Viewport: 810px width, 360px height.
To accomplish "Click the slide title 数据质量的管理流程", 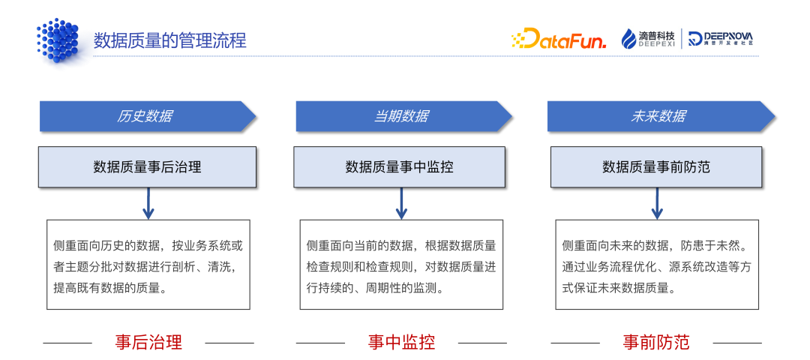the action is [169, 40].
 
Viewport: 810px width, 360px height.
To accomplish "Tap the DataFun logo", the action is [559, 39].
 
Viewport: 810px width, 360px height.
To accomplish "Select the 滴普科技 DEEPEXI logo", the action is [649, 39].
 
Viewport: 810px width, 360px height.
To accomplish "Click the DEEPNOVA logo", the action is [720, 39].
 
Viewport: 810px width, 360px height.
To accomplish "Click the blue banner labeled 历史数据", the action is [146, 116].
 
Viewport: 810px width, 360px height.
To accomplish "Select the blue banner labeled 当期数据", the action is [402, 116].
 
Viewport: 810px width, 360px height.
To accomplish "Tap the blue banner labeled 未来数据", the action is [658, 116].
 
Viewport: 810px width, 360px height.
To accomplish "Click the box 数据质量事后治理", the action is [148, 166].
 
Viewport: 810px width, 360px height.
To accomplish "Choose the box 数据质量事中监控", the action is [400, 166].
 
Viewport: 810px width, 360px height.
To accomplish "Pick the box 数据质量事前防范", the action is [656, 166].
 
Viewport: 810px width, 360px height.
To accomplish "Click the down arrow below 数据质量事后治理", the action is [148, 203].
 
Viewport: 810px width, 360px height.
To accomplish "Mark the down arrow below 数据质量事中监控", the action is [401, 203].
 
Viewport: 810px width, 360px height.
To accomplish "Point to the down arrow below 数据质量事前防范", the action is [658, 203].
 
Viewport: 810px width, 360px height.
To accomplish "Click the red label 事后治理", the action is [148, 343].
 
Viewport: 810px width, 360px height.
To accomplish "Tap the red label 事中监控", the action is [401, 343].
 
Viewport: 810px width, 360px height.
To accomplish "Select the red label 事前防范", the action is [656, 343].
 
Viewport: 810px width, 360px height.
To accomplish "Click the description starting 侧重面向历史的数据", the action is [148, 265].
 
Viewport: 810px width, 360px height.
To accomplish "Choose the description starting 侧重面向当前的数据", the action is [401, 265].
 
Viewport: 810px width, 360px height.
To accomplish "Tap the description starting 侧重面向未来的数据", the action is [656, 265].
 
